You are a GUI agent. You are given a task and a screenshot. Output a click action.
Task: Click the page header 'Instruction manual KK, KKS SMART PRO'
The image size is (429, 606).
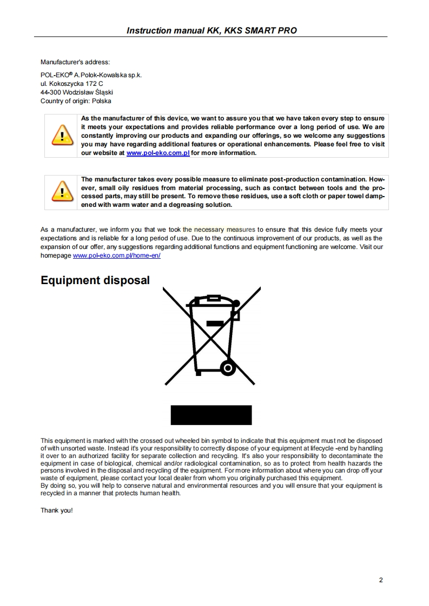(212, 30)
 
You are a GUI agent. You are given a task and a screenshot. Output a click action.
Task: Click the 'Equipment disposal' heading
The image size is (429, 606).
(95, 280)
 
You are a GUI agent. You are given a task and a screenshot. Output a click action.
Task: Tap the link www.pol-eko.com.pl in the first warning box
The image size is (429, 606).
(157, 153)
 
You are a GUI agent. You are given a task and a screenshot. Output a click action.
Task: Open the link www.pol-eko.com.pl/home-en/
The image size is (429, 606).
(116, 255)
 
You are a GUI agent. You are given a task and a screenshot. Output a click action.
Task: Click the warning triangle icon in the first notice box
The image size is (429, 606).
(62, 135)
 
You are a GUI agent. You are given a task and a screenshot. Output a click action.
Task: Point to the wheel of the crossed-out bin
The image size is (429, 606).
(228, 369)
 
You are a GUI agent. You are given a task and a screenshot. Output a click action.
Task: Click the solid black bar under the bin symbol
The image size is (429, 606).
(212, 415)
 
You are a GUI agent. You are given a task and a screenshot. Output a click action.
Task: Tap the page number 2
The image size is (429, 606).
(381, 580)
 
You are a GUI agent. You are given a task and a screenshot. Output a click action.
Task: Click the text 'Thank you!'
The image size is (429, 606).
(56, 510)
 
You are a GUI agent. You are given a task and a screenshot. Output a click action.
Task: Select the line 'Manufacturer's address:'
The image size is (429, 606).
(75, 62)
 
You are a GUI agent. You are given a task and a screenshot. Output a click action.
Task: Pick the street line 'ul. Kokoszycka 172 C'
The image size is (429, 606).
(71, 84)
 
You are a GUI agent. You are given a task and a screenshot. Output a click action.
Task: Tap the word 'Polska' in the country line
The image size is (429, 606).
(102, 100)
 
